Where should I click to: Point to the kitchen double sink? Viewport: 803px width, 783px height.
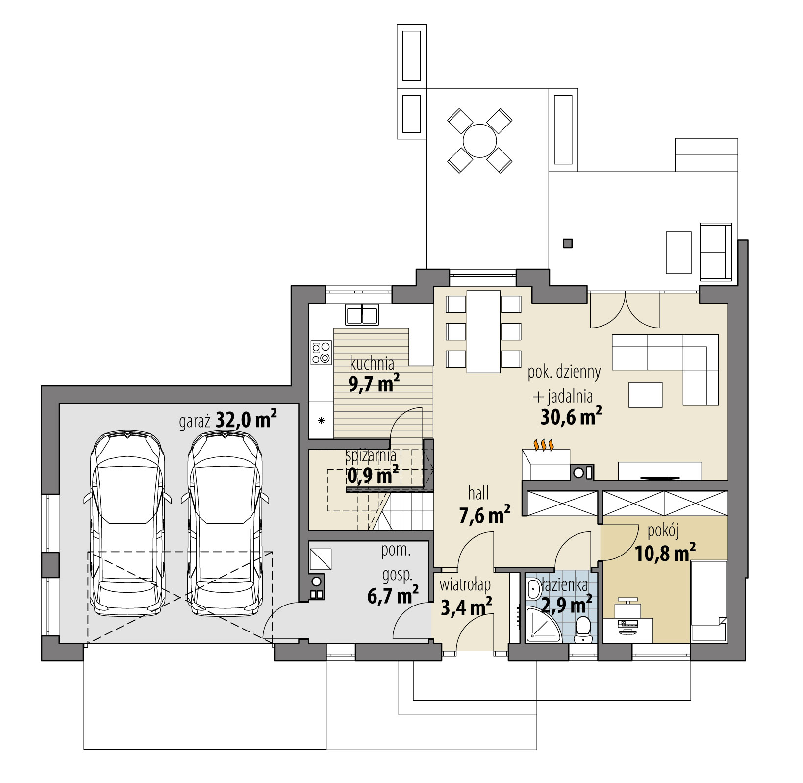[362, 314]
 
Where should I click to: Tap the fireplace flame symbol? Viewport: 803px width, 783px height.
[544, 445]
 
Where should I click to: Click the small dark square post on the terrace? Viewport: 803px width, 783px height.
[568, 243]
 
